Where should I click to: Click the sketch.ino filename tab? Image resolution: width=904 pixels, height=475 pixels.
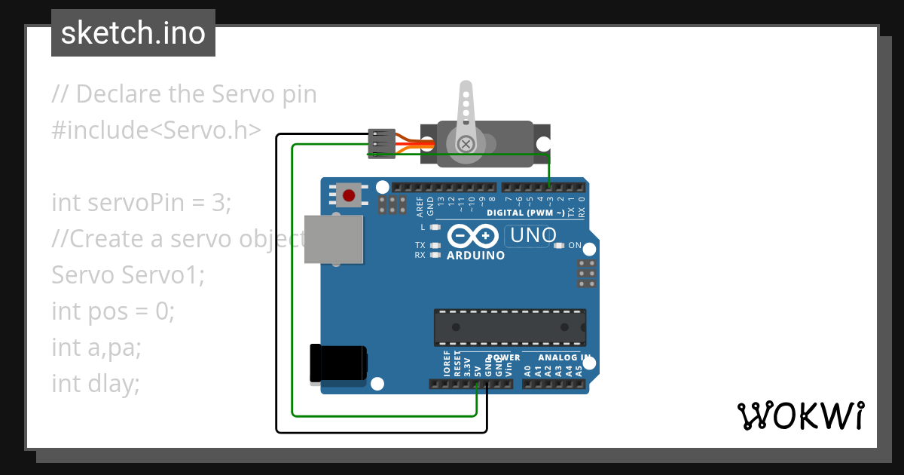coord(133,33)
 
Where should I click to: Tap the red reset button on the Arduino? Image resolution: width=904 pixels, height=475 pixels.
coord(348,196)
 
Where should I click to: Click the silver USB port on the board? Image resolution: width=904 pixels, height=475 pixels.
coord(332,239)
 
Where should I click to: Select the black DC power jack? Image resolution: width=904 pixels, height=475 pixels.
coord(338,363)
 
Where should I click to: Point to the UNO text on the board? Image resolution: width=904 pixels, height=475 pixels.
coord(533,236)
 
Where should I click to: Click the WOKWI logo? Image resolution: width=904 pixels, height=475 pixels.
coord(800,415)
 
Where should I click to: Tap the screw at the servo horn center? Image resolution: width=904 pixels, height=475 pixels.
coord(466,142)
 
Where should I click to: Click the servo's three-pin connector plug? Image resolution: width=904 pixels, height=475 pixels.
coord(380,143)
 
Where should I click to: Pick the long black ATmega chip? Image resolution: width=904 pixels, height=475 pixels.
coord(509,327)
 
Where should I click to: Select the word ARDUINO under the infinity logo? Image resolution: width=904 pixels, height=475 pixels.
coord(475,256)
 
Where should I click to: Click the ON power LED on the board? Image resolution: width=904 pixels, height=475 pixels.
coord(559,246)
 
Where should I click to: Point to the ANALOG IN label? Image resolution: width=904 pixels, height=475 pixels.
coord(563,357)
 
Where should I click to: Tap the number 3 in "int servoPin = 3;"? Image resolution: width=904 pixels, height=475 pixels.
coord(217,203)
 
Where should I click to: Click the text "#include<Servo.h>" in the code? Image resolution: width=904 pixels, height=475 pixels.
coord(157,130)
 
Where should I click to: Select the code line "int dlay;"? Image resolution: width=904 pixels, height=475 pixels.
coord(96,384)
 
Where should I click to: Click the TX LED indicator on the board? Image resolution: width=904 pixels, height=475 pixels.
coord(434,246)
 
